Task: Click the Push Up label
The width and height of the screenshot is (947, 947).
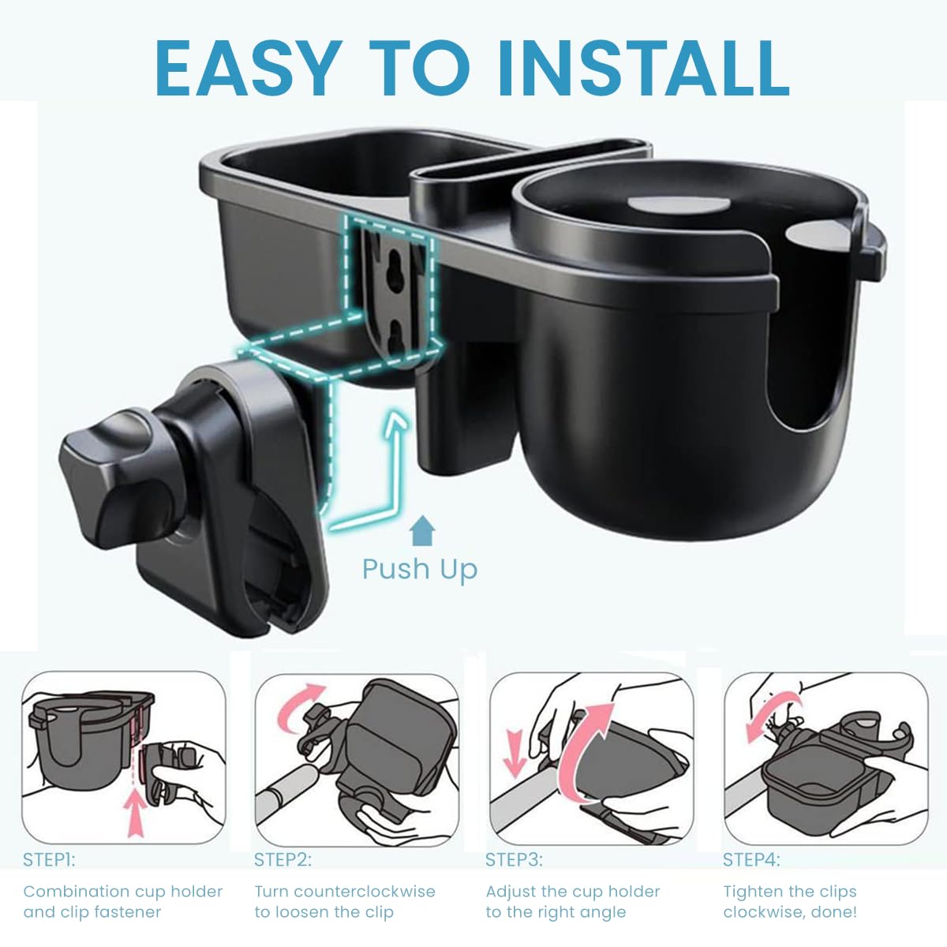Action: pos(420,568)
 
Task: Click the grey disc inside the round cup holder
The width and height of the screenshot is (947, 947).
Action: pos(679,202)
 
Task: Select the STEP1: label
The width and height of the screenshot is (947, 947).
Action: pos(49,859)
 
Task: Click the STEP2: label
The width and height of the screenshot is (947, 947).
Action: pos(283,859)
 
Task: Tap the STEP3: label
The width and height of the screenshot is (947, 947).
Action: pos(514,859)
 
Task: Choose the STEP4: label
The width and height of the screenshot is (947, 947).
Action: pos(751,859)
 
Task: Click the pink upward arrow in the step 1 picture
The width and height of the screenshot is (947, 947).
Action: pos(136,814)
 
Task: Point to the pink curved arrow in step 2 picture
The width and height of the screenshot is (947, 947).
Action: pos(298,706)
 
